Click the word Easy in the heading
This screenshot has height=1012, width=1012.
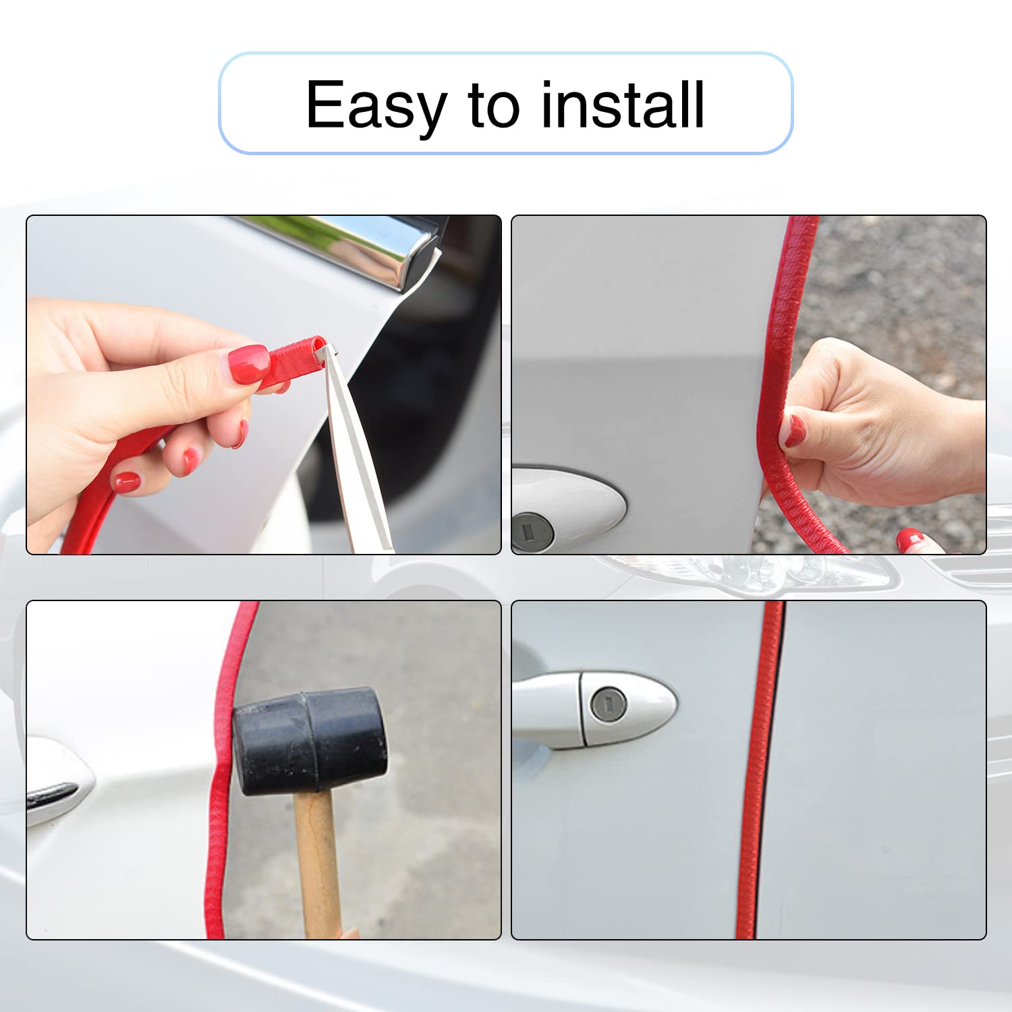pyautogui.click(x=376, y=105)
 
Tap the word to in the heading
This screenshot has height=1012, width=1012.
pyautogui.click(x=494, y=105)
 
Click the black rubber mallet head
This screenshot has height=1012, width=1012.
pyautogui.click(x=310, y=742)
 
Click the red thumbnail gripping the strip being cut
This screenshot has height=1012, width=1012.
pyautogui.click(x=248, y=364)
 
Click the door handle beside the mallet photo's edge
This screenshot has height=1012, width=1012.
pyautogui.click(x=57, y=783)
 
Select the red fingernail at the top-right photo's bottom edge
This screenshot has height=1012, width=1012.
pyautogui.click(x=910, y=539)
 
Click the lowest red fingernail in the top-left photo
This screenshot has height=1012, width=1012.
pyautogui.click(x=127, y=482)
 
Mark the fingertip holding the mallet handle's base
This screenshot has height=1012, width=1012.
pyautogui.click(x=349, y=933)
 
